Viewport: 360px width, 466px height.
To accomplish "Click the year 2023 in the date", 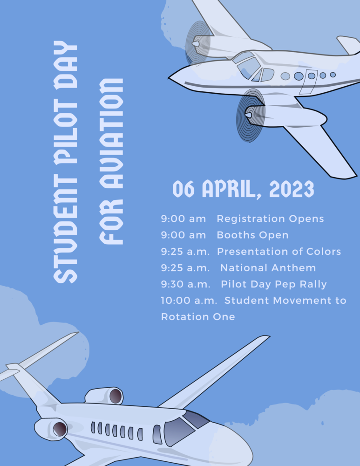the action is [x=292, y=189].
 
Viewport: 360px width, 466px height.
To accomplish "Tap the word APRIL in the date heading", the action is [x=229, y=189].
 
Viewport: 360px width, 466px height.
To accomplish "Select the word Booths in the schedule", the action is [x=236, y=235].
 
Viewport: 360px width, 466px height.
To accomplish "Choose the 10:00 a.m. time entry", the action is [x=189, y=301].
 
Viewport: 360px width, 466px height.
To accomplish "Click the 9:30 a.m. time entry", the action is [x=185, y=284].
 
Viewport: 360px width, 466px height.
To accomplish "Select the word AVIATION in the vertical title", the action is [x=111, y=134].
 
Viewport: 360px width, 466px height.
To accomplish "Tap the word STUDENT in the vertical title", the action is [x=66, y=229].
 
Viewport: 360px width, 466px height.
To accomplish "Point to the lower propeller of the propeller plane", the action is [x=251, y=115].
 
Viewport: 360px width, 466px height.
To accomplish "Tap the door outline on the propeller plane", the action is [x=308, y=82].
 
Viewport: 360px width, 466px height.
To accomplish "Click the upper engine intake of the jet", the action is [x=115, y=396].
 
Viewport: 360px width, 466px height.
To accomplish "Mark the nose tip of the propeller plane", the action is [x=169, y=78].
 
